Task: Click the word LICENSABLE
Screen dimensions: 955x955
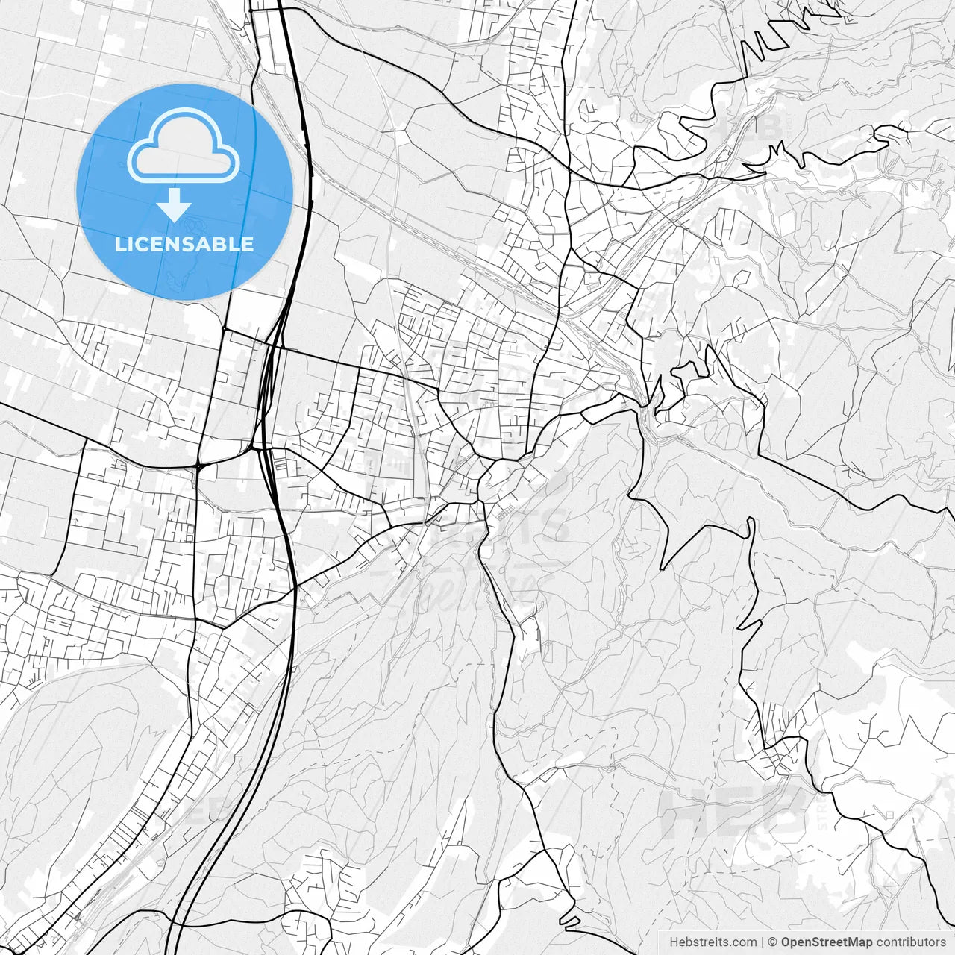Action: pos(184,245)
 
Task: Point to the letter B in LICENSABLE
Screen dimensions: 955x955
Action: pos(217,245)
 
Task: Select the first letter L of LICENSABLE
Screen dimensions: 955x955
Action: pos(119,245)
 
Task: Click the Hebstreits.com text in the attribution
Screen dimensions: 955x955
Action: pos(712,942)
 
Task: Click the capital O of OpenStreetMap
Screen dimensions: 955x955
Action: pos(786,942)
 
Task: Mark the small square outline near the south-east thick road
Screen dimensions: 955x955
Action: pos(890,814)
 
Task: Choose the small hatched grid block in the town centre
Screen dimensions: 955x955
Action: pos(506,513)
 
